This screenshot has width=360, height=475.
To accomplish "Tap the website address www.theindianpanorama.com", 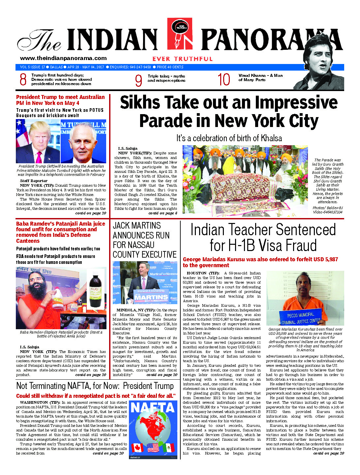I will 63,58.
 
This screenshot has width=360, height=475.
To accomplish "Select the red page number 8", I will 23,80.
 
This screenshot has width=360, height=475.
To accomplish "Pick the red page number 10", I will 224,80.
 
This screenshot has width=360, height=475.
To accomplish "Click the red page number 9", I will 138,80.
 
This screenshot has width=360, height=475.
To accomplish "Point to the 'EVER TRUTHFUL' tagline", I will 182,59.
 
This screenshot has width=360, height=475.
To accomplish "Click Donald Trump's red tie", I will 39,157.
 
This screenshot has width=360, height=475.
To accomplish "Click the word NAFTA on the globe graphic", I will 152,408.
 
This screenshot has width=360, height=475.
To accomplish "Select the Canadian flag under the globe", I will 137,448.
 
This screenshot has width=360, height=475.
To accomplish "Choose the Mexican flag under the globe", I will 168,448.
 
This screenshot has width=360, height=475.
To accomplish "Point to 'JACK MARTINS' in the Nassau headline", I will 137,226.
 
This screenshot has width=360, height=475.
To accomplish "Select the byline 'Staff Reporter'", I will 34,181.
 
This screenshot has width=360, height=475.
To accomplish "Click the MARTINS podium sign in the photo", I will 150,297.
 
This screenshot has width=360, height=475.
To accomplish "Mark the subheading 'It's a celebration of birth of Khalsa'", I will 229,138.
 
